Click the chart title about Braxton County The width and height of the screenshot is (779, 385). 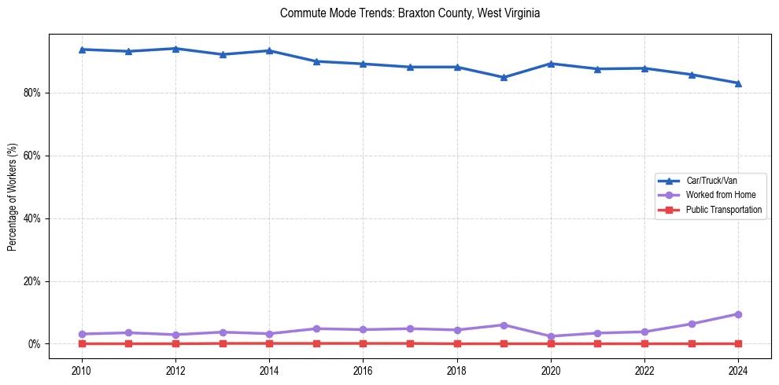(410, 13)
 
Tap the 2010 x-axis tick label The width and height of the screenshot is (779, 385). (82, 368)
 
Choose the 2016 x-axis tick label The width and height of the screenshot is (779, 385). (363, 368)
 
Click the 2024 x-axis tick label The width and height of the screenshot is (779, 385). (738, 368)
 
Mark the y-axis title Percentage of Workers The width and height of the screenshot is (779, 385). (13, 197)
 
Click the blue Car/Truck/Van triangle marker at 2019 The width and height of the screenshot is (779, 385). (504, 77)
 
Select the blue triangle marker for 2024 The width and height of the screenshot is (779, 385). (738, 82)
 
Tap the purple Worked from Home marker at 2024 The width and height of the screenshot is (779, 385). (738, 314)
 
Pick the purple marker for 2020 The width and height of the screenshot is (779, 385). (551, 336)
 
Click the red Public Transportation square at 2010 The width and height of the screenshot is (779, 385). (82, 343)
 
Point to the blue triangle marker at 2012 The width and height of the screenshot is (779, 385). (175, 49)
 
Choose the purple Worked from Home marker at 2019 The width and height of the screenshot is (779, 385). (504, 324)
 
